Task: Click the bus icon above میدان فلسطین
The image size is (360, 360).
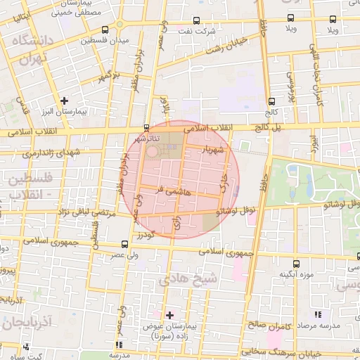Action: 105,30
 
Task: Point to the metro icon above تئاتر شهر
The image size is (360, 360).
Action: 146,128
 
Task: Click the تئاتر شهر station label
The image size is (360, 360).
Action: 146,139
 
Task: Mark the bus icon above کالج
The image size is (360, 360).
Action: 271,101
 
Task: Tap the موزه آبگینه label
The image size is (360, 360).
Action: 295,274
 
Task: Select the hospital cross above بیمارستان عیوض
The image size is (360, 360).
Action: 169,314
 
